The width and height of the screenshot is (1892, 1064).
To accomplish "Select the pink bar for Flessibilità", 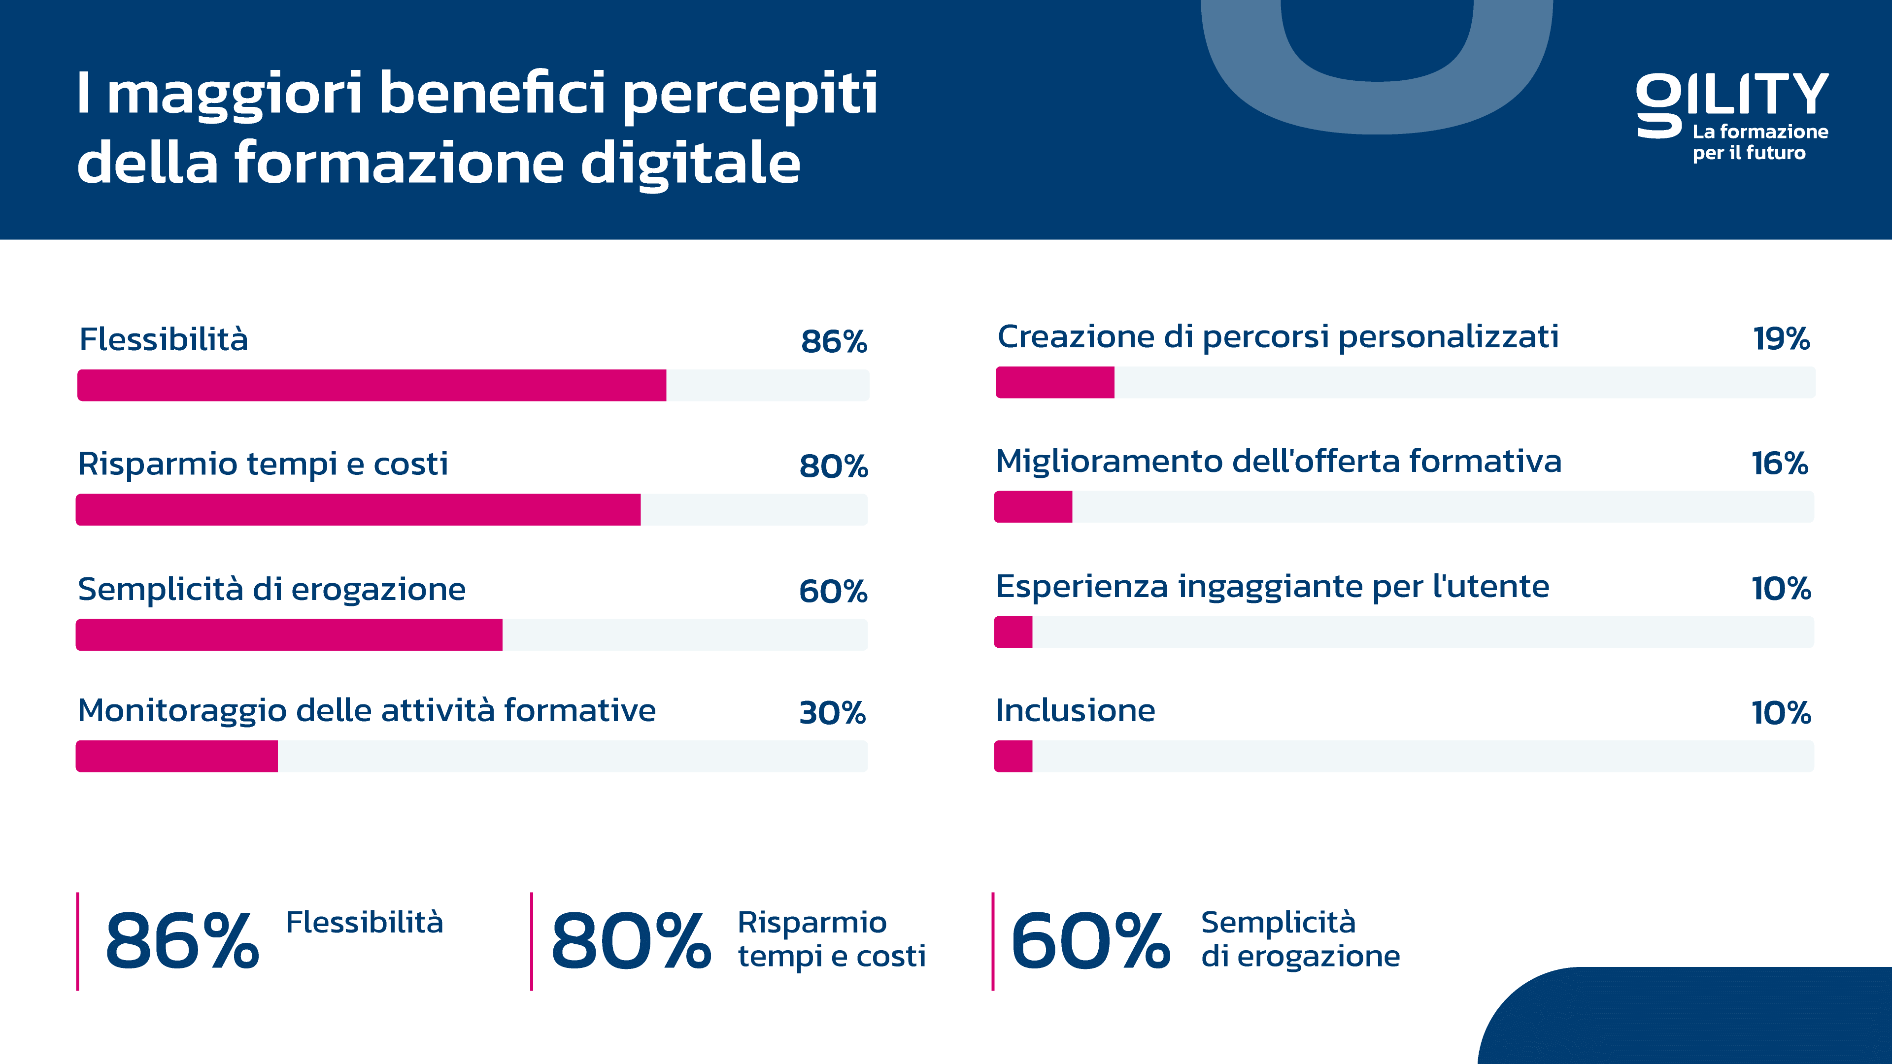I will coord(372,386).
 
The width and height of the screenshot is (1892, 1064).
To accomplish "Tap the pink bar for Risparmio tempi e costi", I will coord(358,510).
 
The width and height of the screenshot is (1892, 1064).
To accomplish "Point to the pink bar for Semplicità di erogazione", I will coord(289,634).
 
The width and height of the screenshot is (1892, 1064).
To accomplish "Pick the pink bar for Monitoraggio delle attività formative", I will coord(177,756).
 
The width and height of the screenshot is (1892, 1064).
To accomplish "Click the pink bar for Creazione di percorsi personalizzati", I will coord(1055,383).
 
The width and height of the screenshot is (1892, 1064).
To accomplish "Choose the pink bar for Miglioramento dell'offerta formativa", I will coord(1033,507).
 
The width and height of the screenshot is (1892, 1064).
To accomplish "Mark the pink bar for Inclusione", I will coord(1014,756).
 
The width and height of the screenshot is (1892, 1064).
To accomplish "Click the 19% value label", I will coord(1781,338).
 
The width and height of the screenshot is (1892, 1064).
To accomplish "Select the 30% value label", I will coord(833,713).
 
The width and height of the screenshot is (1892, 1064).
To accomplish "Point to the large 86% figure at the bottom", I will coord(182,941).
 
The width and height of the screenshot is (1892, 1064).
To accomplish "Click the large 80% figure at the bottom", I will coord(631,941).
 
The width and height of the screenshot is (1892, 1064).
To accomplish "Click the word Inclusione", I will coord(1075,711).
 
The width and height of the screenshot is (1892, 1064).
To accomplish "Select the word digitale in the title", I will coord(690,163).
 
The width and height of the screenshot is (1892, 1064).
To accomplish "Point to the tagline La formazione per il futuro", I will coord(1760,142).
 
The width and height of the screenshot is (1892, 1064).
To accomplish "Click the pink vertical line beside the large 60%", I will coord(993,941).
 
